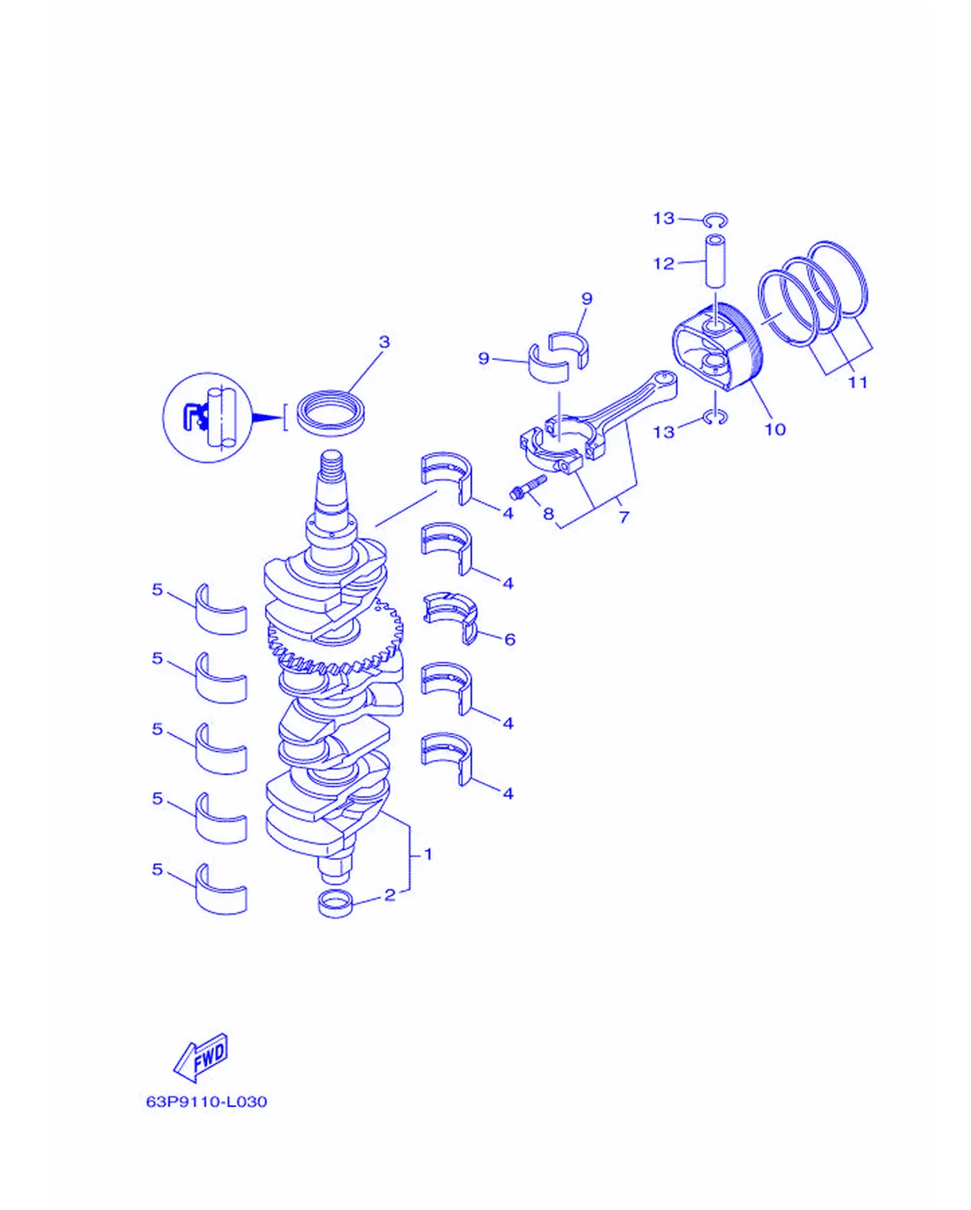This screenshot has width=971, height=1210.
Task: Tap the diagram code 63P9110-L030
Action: pos(206,1101)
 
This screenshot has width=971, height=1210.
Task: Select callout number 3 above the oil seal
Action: pos(384,341)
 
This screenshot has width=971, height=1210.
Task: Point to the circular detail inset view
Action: pos(207,417)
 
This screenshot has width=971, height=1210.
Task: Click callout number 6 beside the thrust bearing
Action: pos(510,639)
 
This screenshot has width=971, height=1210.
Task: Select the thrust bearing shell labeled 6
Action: pos(450,616)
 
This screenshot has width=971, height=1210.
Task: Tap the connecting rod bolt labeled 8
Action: pos(528,487)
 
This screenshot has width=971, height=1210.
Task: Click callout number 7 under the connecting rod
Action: pos(624,516)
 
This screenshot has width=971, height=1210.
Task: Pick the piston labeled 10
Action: pos(717,346)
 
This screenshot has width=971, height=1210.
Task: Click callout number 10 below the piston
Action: pos(775,429)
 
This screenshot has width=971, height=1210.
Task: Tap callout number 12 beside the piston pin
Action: pos(664,264)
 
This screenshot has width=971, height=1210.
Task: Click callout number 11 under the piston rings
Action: pos(857,382)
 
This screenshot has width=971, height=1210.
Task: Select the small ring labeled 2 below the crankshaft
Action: pos(336,904)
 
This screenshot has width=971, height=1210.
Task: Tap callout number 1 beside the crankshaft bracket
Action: pos(428,854)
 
